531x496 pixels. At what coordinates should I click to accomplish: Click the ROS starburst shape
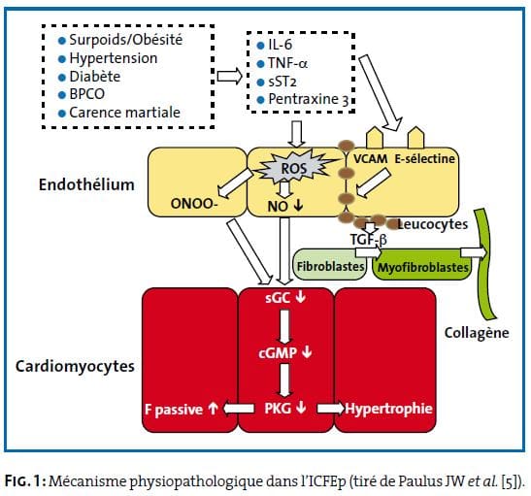293,168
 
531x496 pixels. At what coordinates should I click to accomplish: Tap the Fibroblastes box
329,265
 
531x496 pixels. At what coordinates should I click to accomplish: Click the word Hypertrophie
388,409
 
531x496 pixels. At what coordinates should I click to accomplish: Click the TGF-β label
369,240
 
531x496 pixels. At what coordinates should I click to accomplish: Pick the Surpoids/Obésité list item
120,40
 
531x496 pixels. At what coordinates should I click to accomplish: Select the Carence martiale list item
119,113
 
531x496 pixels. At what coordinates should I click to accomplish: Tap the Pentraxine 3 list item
303,99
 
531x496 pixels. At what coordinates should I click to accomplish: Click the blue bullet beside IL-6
260,46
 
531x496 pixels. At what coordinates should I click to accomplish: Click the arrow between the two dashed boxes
230,76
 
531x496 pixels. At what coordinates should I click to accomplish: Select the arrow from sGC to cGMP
284,327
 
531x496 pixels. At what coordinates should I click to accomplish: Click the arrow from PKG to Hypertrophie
330,409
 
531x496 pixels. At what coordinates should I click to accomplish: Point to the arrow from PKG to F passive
238,409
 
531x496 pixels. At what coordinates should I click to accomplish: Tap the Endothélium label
86,184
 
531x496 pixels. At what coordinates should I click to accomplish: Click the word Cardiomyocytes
75,366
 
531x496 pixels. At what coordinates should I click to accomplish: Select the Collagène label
477,333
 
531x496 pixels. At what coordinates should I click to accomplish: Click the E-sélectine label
424,158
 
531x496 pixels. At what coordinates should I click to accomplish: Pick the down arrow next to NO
298,205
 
